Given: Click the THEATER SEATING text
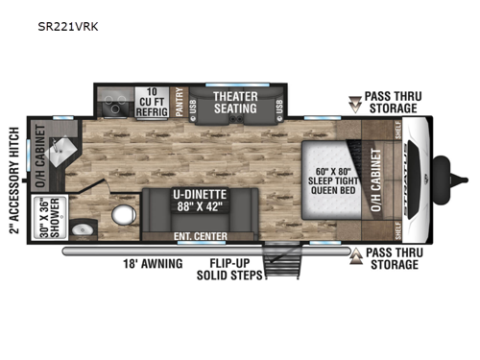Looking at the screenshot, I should pos(235,102).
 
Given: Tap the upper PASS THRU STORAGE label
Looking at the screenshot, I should pos(393,102).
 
